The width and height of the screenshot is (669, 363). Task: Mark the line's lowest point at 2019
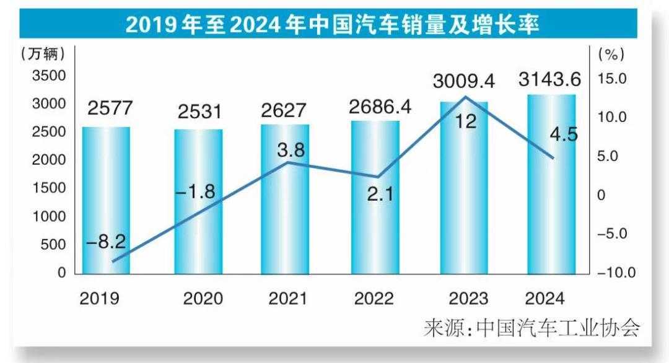pos(113,261)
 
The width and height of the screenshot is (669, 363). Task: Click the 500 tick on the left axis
pos(53,245)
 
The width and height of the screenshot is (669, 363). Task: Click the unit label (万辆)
pos(42,55)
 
